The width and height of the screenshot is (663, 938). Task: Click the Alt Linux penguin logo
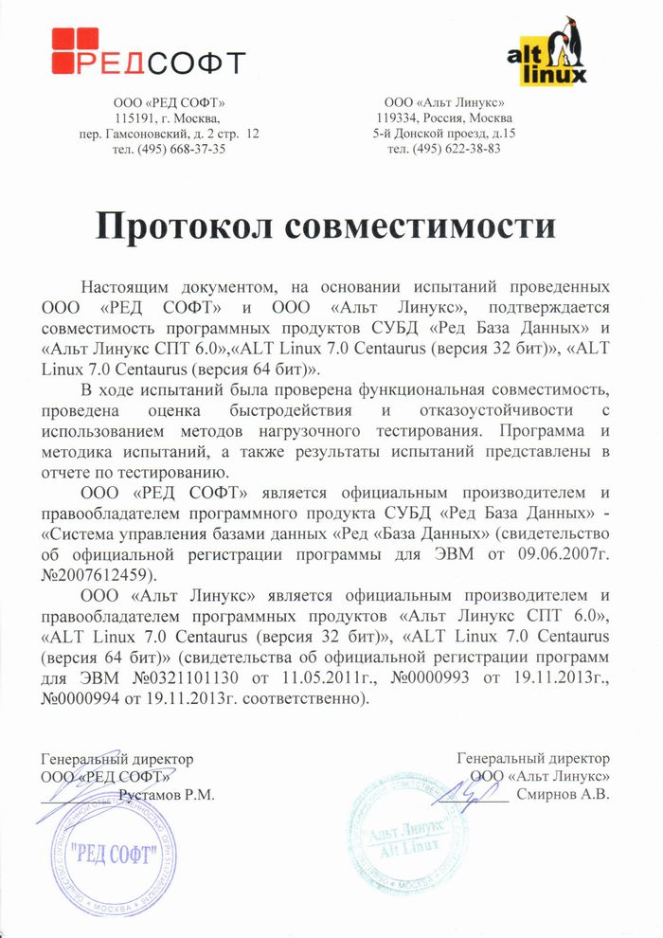(x=548, y=52)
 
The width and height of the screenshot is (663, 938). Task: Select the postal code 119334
(x=396, y=118)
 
